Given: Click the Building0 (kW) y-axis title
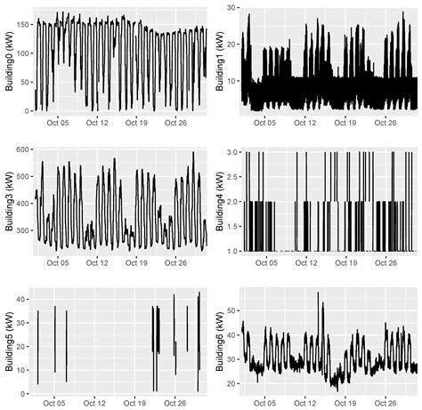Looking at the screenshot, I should [8, 60].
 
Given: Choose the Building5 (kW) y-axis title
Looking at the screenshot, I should [8, 341].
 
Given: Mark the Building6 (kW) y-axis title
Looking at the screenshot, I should [220, 341].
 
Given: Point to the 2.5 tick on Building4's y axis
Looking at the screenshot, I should [231, 177].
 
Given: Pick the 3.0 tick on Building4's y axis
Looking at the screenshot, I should [231, 152].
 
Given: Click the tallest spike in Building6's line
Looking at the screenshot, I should [321, 293].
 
